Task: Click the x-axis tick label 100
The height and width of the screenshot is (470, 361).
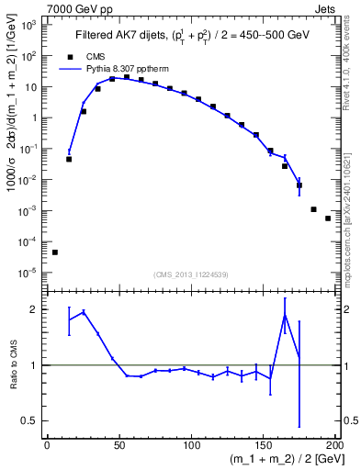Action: (x=191, y=444)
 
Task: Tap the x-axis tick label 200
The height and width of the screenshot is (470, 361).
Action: (x=334, y=444)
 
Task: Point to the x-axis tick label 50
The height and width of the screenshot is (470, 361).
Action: (x=119, y=444)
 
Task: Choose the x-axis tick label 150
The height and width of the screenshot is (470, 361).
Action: (x=263, y=444)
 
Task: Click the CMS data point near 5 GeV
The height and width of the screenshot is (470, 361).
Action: (x=54, y=252)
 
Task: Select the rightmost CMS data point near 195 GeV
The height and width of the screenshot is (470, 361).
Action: (x=328, y=218)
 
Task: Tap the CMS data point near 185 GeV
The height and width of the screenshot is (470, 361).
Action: (x=313, y=209)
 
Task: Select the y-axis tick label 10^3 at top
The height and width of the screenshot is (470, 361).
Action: (x=31, y=24)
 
